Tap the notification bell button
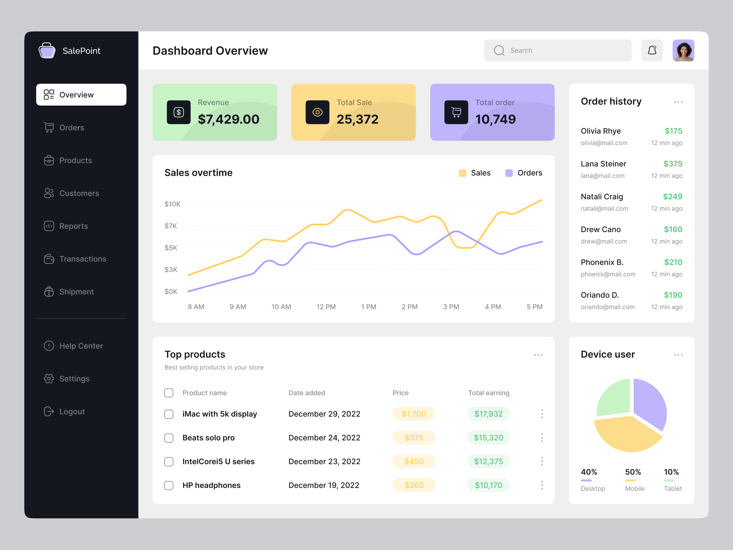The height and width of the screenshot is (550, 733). (x=652, y=50)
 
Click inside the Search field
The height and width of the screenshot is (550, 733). (x=563, y=50)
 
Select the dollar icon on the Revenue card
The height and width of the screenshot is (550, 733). (x=179, y=112)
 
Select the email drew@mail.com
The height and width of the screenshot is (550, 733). (x=604, y=241)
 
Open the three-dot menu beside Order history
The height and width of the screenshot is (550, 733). (x=678, y=102)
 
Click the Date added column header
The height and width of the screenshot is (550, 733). (x=306, y=393)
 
